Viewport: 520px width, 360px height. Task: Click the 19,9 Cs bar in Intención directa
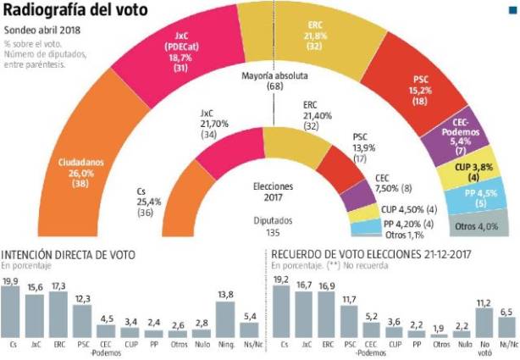(x=12, y=314)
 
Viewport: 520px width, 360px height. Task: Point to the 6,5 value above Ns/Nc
(x=507, y=312)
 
